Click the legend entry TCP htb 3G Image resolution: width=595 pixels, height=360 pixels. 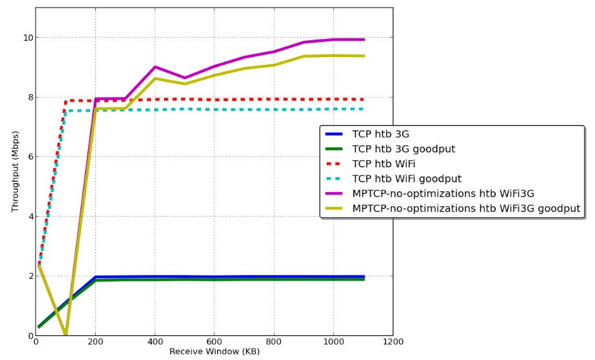click(x=380, y=134)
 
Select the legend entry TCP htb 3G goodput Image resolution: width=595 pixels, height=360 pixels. click(x=403, y=149)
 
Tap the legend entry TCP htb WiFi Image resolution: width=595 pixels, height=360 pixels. click(x=384, y=164)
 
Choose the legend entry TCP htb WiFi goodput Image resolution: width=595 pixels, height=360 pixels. click(x=406, y=179)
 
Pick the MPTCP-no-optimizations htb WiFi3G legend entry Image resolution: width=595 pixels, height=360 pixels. click(x=443, y=194)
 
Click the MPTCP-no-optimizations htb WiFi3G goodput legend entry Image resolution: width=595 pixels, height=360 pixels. click(x=465, y=209)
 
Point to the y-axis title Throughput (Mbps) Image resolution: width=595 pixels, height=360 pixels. click(x=16, y=171)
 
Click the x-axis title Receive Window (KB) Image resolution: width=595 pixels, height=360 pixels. click(x=215, y=352)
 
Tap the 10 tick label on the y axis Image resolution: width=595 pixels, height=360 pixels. click(x=27, y=38)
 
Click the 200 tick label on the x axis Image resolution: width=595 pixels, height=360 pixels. click(x=95, y=342)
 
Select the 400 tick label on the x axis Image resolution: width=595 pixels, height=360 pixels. click(x=155, y=342)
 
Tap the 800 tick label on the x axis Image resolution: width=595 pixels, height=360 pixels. click(x=274, y=342)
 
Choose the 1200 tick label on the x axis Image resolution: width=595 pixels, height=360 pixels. click(x=393, y=342)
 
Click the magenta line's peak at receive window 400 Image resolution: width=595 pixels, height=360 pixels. click(x=155, y=67)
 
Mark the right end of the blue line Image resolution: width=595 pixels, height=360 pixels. click(x=364, y=276)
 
